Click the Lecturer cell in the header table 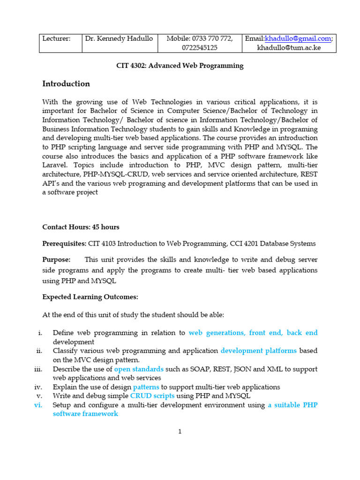click(56, 38)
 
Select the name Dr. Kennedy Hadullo click(119, 38)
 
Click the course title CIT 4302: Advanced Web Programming click(180, 66)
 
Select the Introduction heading click(66, 84)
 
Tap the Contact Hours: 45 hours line click(81, 227)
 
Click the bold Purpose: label click(56, 260)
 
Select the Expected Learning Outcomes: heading click(90, 297)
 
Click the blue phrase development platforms click(258, 351)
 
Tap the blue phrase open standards click(139, 369)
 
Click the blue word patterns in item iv click(146, 387)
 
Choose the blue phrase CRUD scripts click(152, 396)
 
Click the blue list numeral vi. click(38, 405)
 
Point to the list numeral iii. click(38, 369)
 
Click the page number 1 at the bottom click(180, 432)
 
